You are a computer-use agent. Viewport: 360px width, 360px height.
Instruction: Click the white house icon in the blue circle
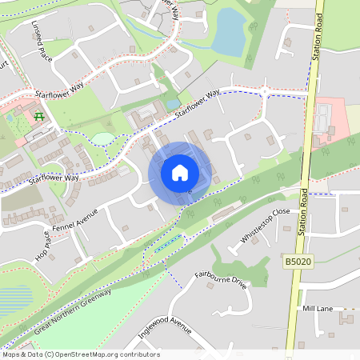click(180, 172)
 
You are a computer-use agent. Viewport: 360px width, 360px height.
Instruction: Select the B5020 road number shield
click(297, 261)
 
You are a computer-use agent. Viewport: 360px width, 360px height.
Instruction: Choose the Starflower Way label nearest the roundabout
click(197, 104)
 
